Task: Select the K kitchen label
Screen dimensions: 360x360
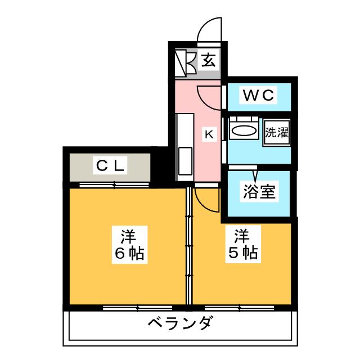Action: [208, 134]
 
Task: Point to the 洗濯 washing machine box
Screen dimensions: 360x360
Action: [276, 133]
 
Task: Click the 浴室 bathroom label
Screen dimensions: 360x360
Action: [259, 192]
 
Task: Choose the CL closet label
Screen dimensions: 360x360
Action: [110, 166]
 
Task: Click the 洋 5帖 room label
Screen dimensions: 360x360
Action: [242, 244]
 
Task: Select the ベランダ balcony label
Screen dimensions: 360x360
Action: [181, 325]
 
